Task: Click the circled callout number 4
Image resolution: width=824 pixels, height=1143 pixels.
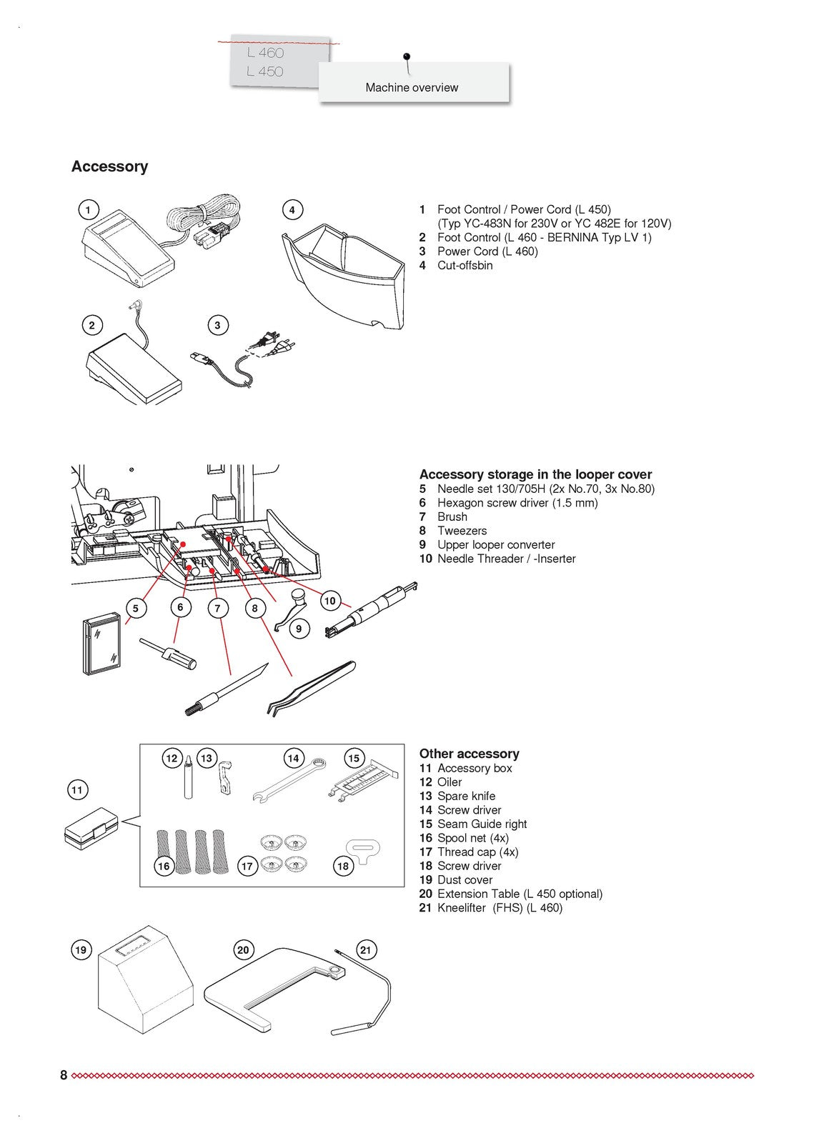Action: pos(292,210)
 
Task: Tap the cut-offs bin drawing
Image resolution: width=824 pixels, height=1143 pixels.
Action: pos(342,275)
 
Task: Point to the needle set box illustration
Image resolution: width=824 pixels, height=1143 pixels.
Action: pos(101,643)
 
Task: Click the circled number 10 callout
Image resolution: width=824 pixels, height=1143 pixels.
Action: pos(329,601)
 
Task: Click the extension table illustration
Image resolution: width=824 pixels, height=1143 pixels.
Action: pos(272,993)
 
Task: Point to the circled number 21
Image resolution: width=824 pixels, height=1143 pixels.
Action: pos(366,949)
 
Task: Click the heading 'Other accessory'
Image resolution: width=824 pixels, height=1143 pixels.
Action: pos(469,754)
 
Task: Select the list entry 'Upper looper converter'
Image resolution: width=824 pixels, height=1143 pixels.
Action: pos(495,545)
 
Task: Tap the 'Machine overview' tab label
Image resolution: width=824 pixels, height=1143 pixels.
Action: pos(412,88)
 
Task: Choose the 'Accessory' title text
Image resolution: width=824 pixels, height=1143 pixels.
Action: pos(109,166)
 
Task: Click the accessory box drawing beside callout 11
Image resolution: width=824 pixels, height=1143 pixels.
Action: pos(91,829)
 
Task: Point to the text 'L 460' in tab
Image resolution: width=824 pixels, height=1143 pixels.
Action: pos(265,53)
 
